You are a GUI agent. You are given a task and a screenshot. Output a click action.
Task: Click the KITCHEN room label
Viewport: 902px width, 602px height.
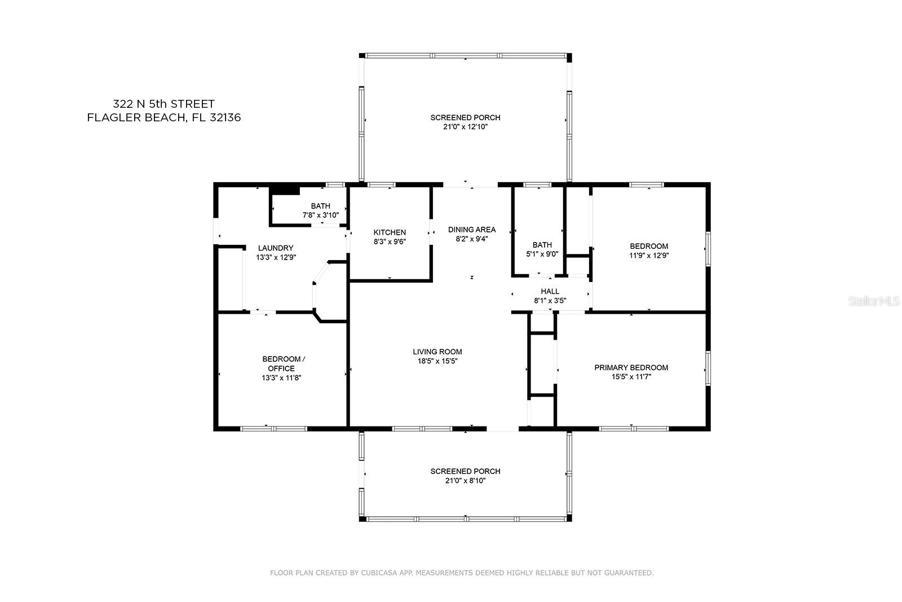click(390, 232)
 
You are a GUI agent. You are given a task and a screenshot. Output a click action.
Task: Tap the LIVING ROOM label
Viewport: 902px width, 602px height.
click(437, 351)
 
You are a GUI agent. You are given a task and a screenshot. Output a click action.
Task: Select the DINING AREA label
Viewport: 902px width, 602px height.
click(472, 230)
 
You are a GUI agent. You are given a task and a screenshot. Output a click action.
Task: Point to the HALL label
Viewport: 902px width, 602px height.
click(550, 291)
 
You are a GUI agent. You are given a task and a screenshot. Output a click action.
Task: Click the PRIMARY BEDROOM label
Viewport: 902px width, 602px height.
click(631, 367)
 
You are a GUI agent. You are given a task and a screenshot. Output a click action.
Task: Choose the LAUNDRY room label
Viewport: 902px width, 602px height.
click(276, 248)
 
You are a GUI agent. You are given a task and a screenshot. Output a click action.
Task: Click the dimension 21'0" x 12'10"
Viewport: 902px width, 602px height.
click(466, 127)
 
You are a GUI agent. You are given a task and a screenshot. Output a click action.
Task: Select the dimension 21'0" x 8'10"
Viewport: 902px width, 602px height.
click(466, 481)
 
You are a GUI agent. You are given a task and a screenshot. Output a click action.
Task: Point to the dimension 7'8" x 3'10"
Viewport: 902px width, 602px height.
click(321, 215)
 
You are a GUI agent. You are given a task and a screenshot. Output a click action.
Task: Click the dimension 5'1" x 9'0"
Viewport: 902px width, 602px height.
click(542, 254)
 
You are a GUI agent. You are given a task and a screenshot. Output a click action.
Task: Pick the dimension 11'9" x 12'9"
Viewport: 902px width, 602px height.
click(649, 256)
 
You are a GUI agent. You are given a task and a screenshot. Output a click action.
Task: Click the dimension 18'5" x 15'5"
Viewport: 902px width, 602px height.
click(437, 361)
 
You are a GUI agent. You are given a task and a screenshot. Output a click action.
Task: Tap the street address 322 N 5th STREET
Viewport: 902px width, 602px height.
click(163, 104)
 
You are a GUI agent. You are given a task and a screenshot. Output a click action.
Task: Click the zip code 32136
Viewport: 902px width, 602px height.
click(225, 118)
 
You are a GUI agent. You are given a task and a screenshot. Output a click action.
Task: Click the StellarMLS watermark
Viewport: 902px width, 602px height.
click(874, 301)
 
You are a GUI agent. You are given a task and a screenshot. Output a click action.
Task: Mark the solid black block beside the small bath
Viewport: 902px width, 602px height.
click(285, 191)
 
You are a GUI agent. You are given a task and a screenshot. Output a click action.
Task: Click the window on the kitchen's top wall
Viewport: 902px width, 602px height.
click(381, 185)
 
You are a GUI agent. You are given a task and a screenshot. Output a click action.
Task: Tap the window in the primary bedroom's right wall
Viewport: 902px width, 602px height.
click(708, 368)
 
